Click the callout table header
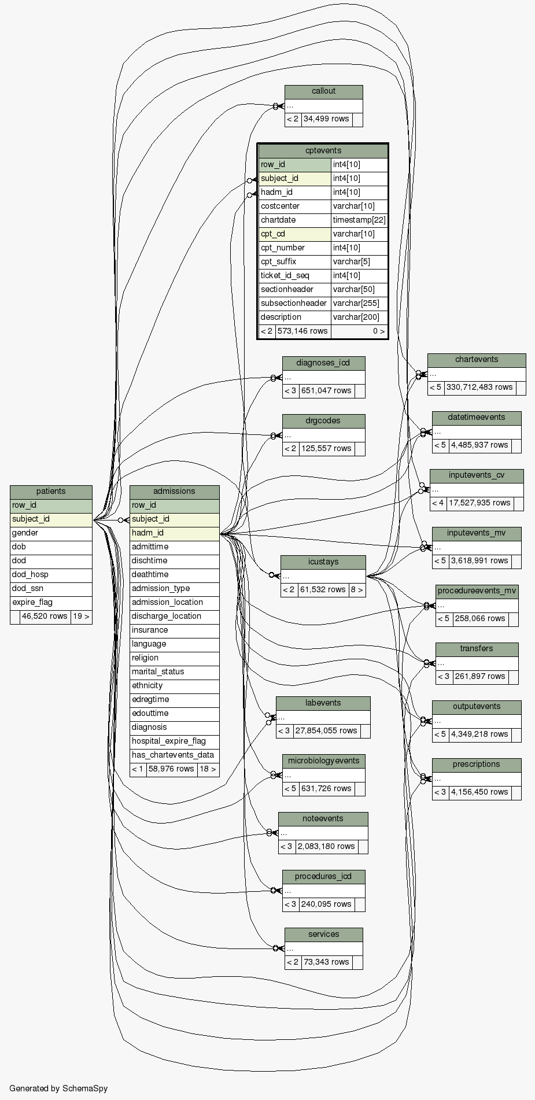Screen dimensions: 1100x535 pyautogui.click(x=323, y=91)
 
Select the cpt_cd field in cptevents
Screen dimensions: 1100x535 pyautogui.click(x=294, y=234)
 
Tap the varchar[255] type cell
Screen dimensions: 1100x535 pyautogui.click(x=359, y=304)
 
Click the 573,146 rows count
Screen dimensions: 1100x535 pyautogui.click(x=302, y=331)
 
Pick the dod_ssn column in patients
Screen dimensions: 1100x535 pyautogui.click(x=51, y=589)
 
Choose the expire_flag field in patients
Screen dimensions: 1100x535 pyautogui.click(x=51, y=603)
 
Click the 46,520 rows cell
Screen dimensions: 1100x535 pyautogui.click(x=45, y=617)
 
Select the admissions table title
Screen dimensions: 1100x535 pyautogui.click(x=174, y=492)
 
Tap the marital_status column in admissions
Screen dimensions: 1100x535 pyautogui.click(x=174, y=672)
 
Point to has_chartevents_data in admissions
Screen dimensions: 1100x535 pyautogui.click(x=174, y=755)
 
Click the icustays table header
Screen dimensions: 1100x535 pyautogui.click(x=323, y=562)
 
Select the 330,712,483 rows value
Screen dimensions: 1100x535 pyautogui.click(x=479, y=387)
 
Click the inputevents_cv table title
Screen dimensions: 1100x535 pyautogui.click(x=477, y=475)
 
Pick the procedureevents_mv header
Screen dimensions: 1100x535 pyautogui.click(x=477, y=591)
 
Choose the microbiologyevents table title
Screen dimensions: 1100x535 pyautogui.click(x=323, y=761)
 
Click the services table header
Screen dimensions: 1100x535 pyautogui.click(x=323, y=935)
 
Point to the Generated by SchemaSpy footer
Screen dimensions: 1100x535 pyautogui.click(x=58, y=1088)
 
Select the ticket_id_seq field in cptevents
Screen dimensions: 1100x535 pyautogui.click(x=294, y=276)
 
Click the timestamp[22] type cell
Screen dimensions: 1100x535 pyautogui.click(x=359, y=220)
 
